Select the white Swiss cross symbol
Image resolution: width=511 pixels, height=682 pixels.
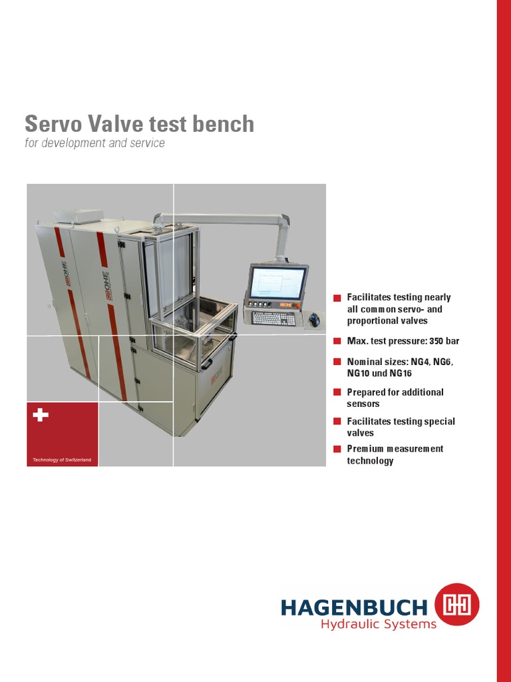tap(41, 415)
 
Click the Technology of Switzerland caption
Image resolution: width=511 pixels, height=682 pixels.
tap(62, 460)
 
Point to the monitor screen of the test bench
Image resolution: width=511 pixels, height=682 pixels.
tap(277, 282)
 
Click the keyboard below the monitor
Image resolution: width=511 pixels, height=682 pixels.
tap(274, 318)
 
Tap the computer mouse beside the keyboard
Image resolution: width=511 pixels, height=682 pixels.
tap(314, 320)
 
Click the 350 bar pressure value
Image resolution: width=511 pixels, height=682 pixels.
tap(444, 341)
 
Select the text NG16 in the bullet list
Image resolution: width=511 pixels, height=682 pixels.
tap(401, 373)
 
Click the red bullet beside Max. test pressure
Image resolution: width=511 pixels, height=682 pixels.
tap(337, 342)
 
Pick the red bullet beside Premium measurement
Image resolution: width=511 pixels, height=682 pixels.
tap(337, 450)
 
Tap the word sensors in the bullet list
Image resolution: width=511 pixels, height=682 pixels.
tap(363, 404)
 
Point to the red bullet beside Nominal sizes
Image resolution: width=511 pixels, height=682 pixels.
tap(337, 362)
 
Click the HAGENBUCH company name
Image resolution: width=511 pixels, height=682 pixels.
tap(354, 607)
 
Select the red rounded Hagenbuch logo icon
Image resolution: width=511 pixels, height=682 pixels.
tap(456, 604)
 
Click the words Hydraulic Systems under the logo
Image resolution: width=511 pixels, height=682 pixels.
tap(379, 624)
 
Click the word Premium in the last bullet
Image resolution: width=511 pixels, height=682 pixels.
tap(365, 449)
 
